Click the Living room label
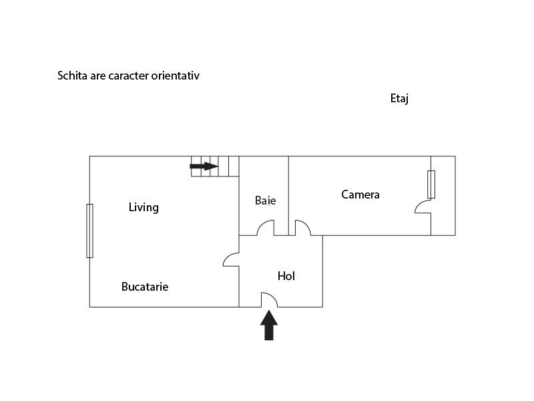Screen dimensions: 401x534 click(x=144, y=207)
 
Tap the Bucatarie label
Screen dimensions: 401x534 click(x=145, y=287)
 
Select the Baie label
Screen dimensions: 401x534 click(x=265, y=200)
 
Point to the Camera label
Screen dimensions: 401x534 click(x=360, y=194)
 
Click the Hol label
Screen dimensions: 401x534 click(x=286, y=276)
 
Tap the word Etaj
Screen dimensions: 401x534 click(x=399, y=99)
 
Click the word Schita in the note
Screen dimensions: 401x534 click(x=72, y=76)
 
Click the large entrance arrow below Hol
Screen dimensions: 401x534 click(x=269, y=325)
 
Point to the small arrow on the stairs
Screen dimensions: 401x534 click(x=204, y=166)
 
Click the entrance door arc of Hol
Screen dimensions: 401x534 click(x=268, y=300)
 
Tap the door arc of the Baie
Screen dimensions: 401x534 click(x=265, y=229)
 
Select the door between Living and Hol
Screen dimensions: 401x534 click(x=231, y=259)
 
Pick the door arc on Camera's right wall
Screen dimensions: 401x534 click(x=423, y=207)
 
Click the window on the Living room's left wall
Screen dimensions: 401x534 click(x=89, y=231)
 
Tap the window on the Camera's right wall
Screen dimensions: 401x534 click(x=431, y=184)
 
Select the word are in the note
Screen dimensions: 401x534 click(x=97, y=76)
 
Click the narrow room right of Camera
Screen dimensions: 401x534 click(x=443, y=196)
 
